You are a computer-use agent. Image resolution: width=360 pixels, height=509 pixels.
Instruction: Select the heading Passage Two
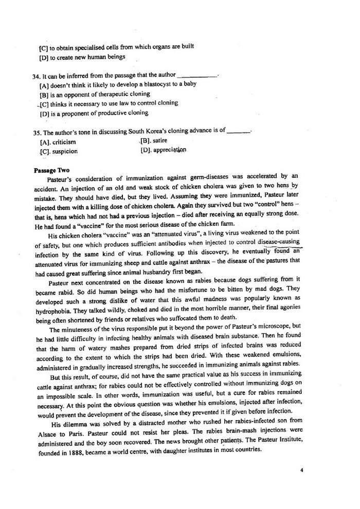(x=51, y=169)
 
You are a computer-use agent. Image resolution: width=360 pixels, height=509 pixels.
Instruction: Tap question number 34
(x=35, y=75)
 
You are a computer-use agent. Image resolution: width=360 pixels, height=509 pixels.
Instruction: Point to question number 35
(x=35, y=131)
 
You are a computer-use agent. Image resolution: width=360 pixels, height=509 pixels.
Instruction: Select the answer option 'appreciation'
(x=168, y=150)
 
